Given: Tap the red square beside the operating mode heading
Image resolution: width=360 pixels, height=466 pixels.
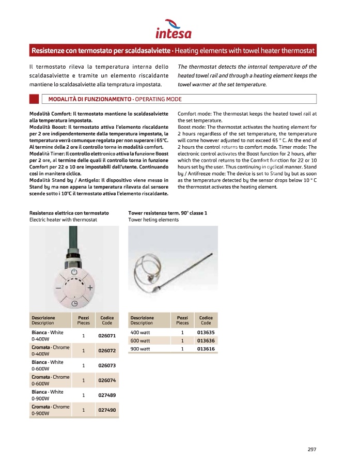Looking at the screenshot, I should pos(34,99).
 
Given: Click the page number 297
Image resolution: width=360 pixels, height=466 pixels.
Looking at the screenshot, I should pos(311,449).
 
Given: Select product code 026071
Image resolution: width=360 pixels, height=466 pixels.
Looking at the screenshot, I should pos(107,336).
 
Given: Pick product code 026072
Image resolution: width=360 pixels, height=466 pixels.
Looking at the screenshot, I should pos(107,351).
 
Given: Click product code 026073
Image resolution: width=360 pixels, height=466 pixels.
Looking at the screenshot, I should pos(107,366).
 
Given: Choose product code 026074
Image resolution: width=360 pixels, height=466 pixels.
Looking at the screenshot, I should pos(107,381).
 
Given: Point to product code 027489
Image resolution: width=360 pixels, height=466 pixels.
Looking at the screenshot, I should pos(107,395).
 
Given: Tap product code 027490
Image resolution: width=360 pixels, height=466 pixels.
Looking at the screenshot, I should pos(107,410).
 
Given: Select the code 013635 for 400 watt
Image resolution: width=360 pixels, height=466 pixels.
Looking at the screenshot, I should pos(206,333).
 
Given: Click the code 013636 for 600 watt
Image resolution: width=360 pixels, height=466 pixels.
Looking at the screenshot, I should pos(206,341).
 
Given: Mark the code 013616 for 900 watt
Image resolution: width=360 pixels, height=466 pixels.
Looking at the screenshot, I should pos(206,349).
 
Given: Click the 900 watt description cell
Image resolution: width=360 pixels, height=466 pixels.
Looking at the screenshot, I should pos(140,349).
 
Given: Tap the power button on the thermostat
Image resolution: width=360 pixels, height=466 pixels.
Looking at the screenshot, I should pos(74,271).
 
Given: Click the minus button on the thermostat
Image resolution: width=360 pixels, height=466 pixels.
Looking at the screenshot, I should pos(58,287).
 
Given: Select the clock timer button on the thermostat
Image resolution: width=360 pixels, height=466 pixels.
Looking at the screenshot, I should pos(74,303).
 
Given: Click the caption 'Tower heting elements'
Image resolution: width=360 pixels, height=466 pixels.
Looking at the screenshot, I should pos(153,220).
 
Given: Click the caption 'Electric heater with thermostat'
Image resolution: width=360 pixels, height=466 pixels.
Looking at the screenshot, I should pos(63,220).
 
